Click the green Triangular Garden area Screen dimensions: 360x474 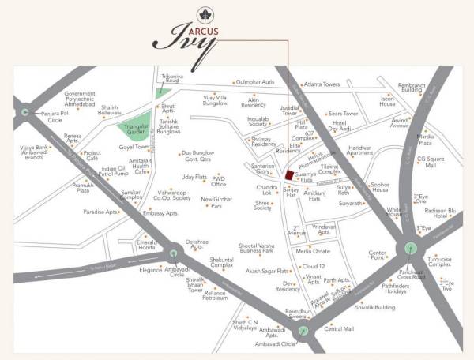point(131,134)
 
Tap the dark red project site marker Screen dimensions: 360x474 point(290,175)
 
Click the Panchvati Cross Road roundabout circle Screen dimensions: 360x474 point(409,248)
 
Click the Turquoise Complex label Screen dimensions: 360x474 point(439,262)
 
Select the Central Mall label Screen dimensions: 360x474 point(339,328)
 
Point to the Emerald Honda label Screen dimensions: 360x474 point(146,245)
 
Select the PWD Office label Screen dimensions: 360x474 point(219,182)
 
